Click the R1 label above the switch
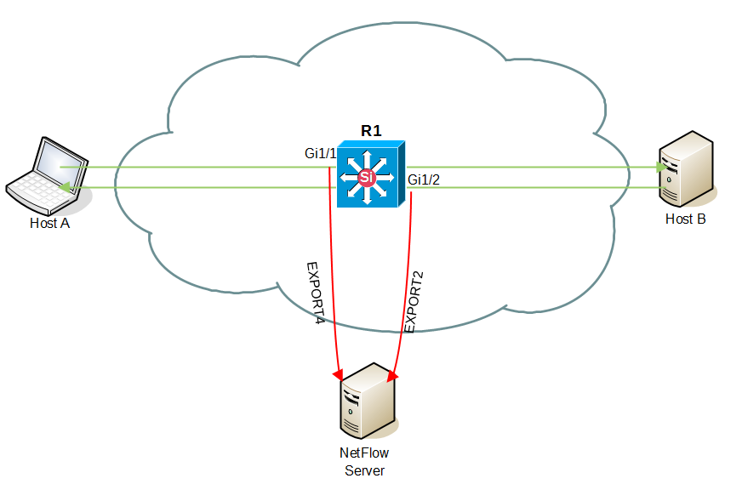tap(371, 130)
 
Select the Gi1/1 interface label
tap(320, 154)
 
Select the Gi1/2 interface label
tap(425, 179)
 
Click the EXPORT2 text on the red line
tap(414, 302)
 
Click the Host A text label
tap(49, 224)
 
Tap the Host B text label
tap(685, 219)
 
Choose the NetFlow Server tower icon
tap(368, 400)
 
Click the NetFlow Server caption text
tap(364, 462)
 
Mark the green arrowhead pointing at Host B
tap(659, 168)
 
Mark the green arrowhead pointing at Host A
tap(65, 187)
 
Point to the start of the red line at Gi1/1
tap(330, 168)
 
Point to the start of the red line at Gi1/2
tap(412, 194)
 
